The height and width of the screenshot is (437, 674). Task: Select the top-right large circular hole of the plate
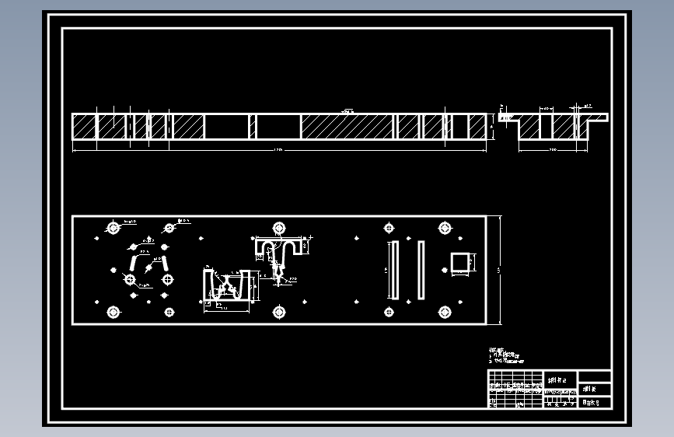point(445,228)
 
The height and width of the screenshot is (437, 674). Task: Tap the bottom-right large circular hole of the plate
point(445,312)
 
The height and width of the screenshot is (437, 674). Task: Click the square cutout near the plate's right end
point(461,263)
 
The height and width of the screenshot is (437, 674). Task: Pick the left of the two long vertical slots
point(394,270)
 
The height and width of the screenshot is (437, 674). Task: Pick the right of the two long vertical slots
point(421,270)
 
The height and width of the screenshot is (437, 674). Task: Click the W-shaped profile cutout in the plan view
point(226,286)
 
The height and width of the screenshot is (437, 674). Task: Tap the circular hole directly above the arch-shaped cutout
point(278,227)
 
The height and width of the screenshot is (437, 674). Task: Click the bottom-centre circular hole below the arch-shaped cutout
point(278,312)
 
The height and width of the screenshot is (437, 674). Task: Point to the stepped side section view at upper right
point(552,127)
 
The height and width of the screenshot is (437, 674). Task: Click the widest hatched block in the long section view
point(347,127)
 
